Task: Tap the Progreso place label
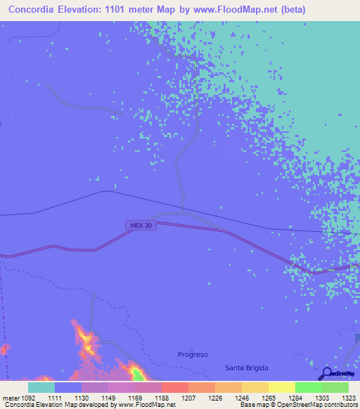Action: [193, 355]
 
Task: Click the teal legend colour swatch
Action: [41, 387]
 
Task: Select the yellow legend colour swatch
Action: [281, 387]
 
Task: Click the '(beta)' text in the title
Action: [291, 10]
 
